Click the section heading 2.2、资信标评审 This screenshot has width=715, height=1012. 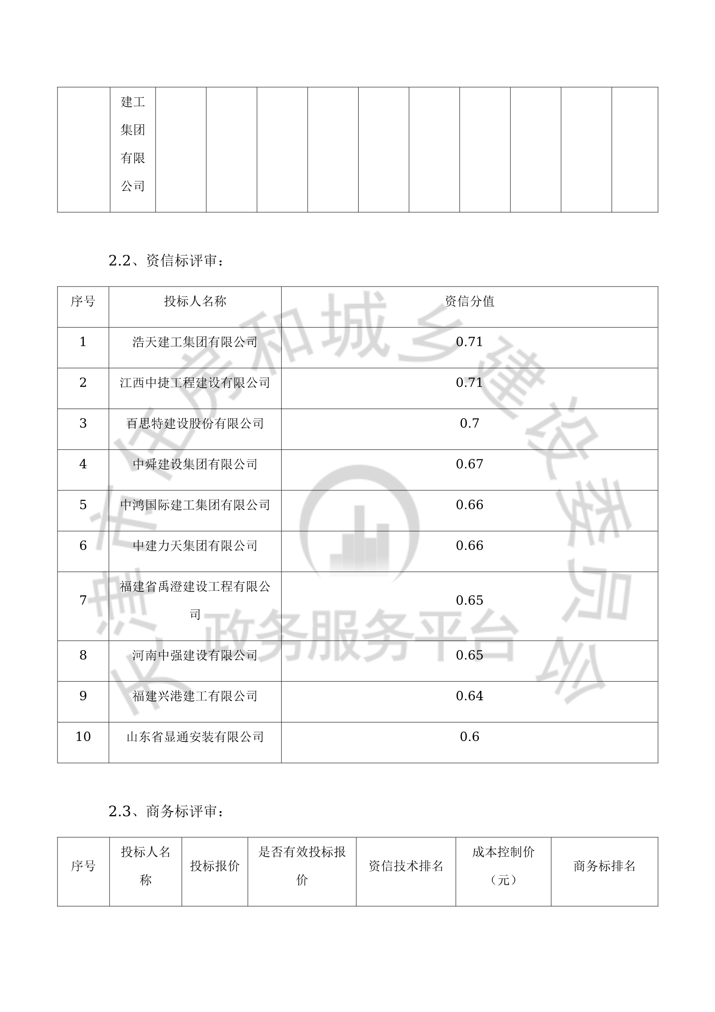[x=166, y=261]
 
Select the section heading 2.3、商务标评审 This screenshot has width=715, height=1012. [x=166, y=811]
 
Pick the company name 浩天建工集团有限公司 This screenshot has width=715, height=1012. [x=195, y=342]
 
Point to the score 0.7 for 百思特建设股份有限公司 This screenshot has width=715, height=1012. [x=469, y=423]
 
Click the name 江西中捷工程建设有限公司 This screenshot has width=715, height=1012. [x=195, y=383]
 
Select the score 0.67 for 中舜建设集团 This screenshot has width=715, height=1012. [x=469, y=464]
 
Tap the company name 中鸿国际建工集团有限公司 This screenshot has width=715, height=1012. [x=195, y=505]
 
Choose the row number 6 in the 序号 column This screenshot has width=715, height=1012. [x=83, y=546]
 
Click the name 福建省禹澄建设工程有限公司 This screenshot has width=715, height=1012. [x=195, y=599]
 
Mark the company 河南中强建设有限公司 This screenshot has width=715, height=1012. [x=195, y=655]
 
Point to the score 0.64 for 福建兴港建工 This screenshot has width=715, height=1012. [x=469, y=696]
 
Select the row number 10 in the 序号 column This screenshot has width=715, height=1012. [x=83, y=737]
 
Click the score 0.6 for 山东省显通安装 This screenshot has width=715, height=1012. [x=469, y=737]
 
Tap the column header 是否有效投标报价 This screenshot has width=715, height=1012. [x=302, y=866]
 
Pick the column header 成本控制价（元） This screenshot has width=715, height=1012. [x=503, y=866]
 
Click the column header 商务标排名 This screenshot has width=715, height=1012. [x=604, y=866]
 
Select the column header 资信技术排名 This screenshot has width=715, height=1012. [x=406, y=866]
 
